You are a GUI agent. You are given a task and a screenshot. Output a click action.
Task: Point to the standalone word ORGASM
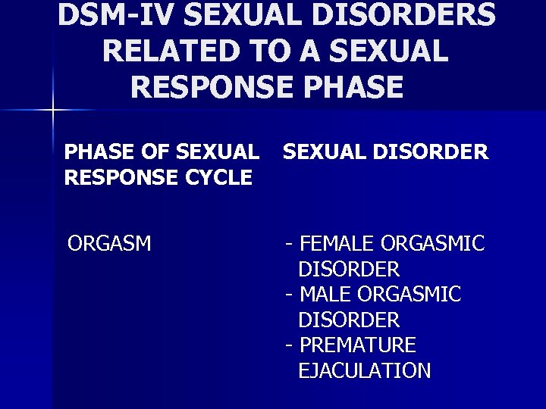coord(109,244)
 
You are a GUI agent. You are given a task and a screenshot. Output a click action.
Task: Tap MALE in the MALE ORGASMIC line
coord(328,294)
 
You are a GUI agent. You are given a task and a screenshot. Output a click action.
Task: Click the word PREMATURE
coord(358,345)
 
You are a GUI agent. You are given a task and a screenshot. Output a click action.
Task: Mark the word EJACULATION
coord(365,370)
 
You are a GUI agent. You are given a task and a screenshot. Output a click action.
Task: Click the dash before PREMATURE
coord(289,345)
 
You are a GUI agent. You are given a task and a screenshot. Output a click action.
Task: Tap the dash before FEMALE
coord(289,244)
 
